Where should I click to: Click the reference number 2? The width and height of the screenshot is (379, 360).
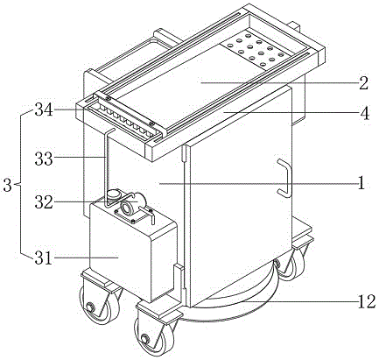[363, 83]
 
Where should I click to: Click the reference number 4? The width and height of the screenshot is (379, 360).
[364, 113]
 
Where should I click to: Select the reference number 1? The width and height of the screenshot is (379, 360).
[361, 183]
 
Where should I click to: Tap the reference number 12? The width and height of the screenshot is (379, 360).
[366, 301]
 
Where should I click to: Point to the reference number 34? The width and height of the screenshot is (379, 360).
[44, 110]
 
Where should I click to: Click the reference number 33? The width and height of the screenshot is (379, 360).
[44, 159]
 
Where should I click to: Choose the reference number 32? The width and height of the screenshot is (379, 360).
[44, 202]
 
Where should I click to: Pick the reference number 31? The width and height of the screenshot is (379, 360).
[44, 258]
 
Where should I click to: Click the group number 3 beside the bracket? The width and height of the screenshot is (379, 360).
[8, 185]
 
